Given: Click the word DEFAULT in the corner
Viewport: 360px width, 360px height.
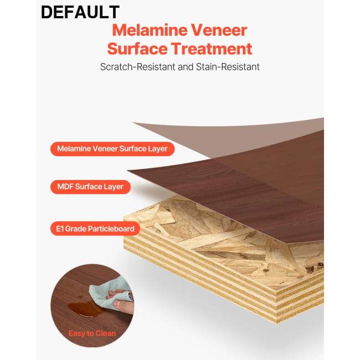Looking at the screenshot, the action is tap(80, 12).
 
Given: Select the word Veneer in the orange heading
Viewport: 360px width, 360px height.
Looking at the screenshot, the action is tap(219, 30).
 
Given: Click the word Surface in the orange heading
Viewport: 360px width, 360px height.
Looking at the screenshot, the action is tap(137, 49).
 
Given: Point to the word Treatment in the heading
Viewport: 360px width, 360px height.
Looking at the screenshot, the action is tap(212, 49).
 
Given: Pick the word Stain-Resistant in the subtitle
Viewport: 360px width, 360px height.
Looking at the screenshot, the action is tap(228, 67).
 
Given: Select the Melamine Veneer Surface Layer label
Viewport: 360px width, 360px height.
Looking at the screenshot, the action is tap(112, 149).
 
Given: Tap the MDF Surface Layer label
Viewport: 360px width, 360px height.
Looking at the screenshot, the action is tap(90, 187).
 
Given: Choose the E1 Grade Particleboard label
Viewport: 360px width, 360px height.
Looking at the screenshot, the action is tap(95, 229).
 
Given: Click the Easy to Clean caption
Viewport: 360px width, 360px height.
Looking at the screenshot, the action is tap(92, 333).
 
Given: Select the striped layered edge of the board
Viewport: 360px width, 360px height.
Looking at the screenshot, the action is tap(207, 266).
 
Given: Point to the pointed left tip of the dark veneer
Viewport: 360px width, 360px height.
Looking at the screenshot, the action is tap(127, 171).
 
